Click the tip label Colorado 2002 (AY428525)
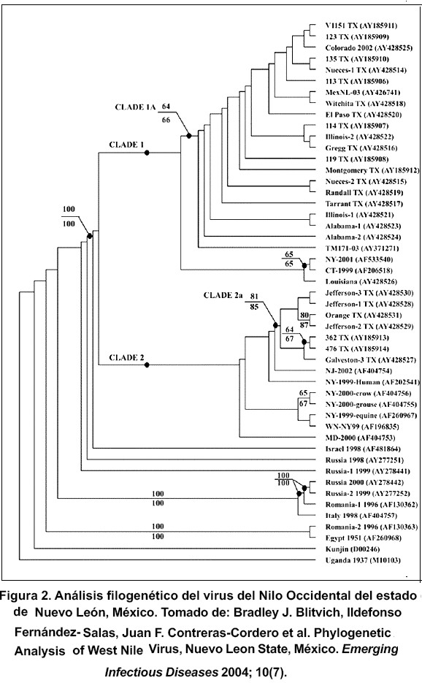(369, 48)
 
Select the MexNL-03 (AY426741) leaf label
(362, 92)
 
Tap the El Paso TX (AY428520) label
(363, 115)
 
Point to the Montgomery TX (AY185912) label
(372, 170)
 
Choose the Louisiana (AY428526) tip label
(361, 281)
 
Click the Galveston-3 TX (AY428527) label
(370, 360)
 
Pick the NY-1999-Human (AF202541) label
(372, 382)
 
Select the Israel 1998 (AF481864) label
(363, 449)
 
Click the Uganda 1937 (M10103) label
(363, 560)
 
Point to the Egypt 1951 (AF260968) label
(363, 538)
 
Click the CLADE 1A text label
(135, 107)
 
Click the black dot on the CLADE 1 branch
(147, 153)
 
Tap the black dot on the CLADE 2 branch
(147, 365)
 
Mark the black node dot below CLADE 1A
(189, 136)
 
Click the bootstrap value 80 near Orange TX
(304, 315)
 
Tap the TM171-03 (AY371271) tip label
(362, 248)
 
